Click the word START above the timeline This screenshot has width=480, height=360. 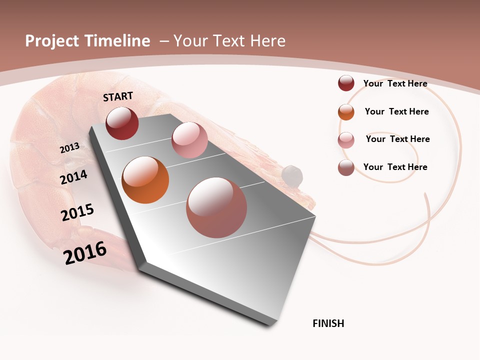click(118, 96)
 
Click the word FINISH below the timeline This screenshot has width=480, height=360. click(328, 323)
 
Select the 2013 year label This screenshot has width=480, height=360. click(70, 147)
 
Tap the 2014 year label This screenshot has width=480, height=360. click(74, 177)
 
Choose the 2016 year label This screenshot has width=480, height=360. click(85, 252)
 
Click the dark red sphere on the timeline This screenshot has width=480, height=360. click(122, 123)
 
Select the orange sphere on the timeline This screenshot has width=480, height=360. click(145, 180)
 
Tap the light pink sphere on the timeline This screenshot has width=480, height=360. click(189, 140)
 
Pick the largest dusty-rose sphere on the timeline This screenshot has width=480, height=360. click(216, 207)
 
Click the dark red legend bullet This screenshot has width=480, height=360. click(346, 83)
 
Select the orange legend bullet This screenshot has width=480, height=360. click(346, 111)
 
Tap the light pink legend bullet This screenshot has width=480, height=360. click(346, 140)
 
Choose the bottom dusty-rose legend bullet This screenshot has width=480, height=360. click(346, 167)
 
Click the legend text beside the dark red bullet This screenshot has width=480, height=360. click(395, 83)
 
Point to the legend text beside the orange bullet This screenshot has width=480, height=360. click(396, 111)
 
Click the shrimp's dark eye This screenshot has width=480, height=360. click(292, 175)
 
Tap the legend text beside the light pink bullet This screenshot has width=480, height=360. click(397, 139)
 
